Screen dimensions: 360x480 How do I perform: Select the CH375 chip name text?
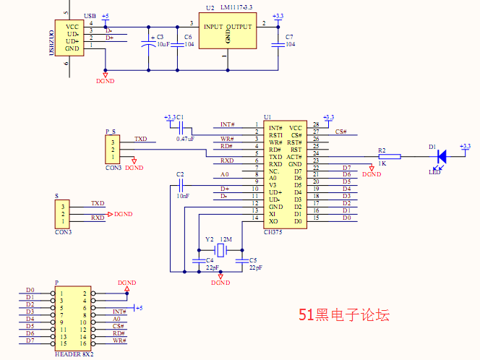coord(274,231)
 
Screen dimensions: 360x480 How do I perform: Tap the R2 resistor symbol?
coord(389,155)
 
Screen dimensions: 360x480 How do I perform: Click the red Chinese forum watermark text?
coord(345,315)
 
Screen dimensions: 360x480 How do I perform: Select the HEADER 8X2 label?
coord(74,354)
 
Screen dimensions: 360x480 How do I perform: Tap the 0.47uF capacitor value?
coord(185,137)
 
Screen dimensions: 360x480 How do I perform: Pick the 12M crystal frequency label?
coord(226,239)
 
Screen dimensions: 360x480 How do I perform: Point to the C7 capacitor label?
coord(289,36)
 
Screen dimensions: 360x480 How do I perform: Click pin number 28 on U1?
coord(316,124)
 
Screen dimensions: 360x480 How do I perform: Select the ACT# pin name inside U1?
coord(294,156)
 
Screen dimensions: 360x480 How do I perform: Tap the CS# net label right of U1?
coord(341,132)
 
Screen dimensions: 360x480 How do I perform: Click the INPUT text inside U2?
coord(213,27)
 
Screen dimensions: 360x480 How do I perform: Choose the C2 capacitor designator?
coord(180,175)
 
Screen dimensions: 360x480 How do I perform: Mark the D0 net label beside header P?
coord(30,290)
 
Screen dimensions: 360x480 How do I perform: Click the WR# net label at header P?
coord(119,340)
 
